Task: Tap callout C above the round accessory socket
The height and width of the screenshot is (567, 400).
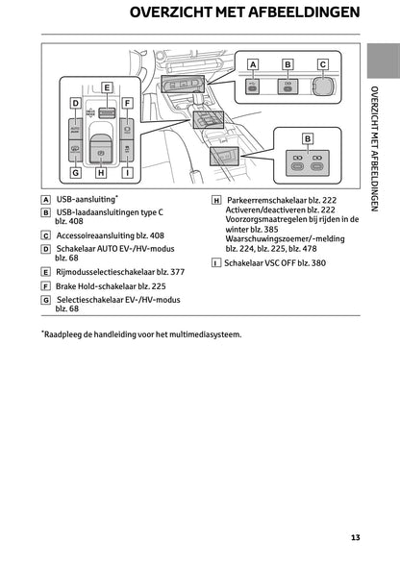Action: click(323, 64)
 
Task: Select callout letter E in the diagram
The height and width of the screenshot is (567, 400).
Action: click(107, 87)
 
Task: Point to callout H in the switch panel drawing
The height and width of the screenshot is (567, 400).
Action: click(102, 173)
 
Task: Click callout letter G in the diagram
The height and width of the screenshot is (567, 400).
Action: click(75, 173)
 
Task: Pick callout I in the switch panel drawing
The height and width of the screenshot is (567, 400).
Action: click(128, 173)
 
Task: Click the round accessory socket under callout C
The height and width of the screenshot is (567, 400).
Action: click(325, 86)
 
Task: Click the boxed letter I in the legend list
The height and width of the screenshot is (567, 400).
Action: click(215, 261)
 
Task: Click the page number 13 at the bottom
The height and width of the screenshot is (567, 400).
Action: click(355, 537)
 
